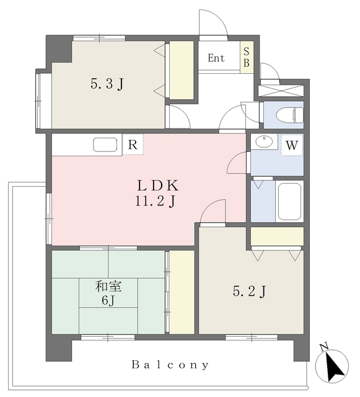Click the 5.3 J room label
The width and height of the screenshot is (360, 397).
[107, 84]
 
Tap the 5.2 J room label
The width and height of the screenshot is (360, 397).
[250, 292]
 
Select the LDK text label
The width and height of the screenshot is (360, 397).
[157, 185]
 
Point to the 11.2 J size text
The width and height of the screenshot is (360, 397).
[156, 202]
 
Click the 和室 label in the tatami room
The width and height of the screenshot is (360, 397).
[108, 287]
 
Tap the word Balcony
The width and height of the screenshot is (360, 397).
[170, 365]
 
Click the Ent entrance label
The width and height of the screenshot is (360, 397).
[216, 58]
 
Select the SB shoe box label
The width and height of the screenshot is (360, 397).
[247, 57]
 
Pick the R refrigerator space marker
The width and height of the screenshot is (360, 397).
[133, 145]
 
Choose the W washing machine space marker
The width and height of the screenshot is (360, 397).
[292, 145]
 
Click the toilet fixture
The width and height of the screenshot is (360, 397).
[289, 115]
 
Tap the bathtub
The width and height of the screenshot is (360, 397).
[289, 202]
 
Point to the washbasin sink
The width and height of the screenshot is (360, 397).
[264, 141]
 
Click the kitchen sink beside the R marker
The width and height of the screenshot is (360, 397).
[105, 145]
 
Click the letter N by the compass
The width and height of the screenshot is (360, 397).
[323, 346]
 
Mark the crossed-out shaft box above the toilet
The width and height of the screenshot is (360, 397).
[281, 91]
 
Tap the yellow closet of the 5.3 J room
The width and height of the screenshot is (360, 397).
[182, 70]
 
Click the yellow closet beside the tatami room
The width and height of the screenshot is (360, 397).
[182, 292]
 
